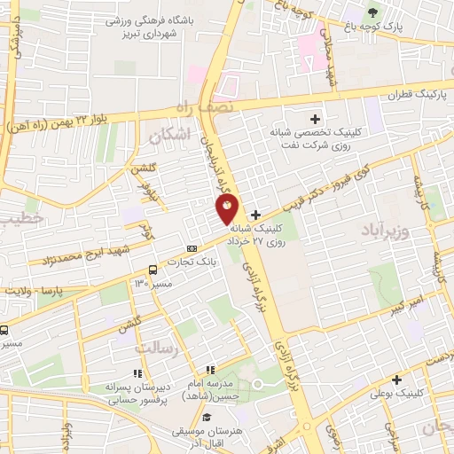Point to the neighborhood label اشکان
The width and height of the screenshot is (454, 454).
tap(170, 137)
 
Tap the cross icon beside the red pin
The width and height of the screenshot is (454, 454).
tap(255, 214)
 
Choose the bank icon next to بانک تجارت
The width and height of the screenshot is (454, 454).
tap(192, 249)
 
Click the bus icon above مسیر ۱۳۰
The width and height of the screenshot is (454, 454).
tap(153, 270)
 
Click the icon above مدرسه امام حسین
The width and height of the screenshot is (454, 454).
tap(209, 371)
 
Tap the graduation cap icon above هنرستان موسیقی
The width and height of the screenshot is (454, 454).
tap(206, 417)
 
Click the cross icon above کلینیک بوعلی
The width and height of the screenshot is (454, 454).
tap(397, 379)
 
